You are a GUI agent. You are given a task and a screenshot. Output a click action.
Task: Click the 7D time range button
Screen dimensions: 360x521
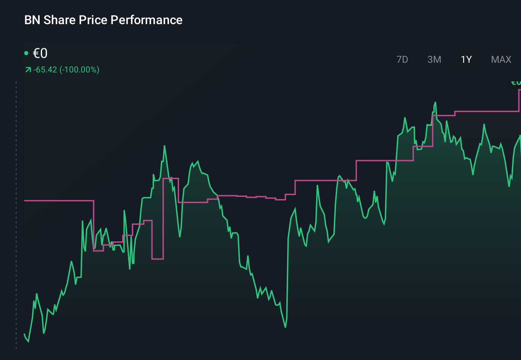coord(402,60)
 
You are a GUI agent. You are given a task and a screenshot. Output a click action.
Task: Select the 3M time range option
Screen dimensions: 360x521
coord(434,60)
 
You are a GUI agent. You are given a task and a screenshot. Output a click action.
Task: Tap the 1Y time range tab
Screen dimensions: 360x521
coord(466,60)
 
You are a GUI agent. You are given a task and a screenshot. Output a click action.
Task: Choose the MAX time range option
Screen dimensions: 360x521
coord(501,60)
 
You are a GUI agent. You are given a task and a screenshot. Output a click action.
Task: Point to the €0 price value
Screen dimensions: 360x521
coord(40,53)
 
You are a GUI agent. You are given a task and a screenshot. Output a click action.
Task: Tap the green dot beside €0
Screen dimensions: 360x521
coord(26,53)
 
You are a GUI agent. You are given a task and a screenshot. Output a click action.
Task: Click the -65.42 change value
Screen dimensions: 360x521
coord(45,70)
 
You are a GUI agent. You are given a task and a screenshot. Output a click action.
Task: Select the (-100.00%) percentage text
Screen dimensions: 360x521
coord(79,70)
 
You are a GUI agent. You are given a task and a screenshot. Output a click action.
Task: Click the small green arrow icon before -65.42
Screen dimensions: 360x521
coord(28,70)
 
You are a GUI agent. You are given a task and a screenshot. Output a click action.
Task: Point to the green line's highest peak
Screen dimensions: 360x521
coord(435,102)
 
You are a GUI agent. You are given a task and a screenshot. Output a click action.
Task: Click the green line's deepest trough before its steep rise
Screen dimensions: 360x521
coord(285,327)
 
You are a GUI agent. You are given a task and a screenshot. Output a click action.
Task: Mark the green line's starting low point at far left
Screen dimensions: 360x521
coord(28,341)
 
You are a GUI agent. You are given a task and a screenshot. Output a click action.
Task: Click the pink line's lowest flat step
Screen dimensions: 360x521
coord(157,259)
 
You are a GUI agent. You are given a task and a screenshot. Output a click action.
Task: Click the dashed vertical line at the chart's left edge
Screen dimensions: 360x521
coord(16,214)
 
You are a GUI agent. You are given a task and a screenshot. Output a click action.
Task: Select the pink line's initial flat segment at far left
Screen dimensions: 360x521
coord(59,200)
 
